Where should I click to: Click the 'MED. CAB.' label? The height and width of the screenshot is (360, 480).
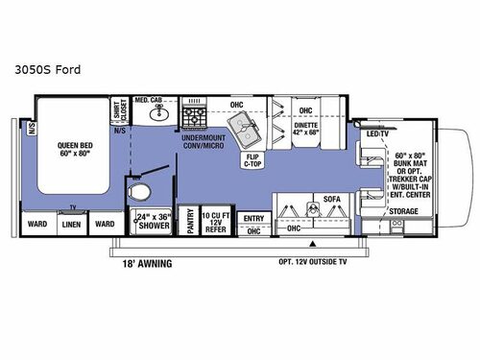(x=149, y=100)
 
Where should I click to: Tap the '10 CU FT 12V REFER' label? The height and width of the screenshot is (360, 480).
(x=214, y=222)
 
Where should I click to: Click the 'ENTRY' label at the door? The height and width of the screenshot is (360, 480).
(x=254, y=219)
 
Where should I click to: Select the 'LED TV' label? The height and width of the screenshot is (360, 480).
(x=377, y=134)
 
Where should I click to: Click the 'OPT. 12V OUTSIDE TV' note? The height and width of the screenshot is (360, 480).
(x=314, y=261)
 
